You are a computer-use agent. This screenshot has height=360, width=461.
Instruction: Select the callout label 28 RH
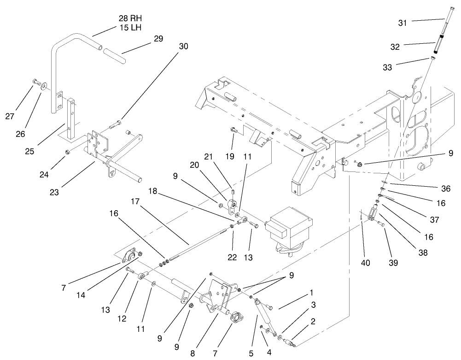point(130,18)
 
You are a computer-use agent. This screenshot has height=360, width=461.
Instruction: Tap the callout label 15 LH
point(130,28)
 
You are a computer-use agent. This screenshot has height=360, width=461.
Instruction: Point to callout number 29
point(158,39)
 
